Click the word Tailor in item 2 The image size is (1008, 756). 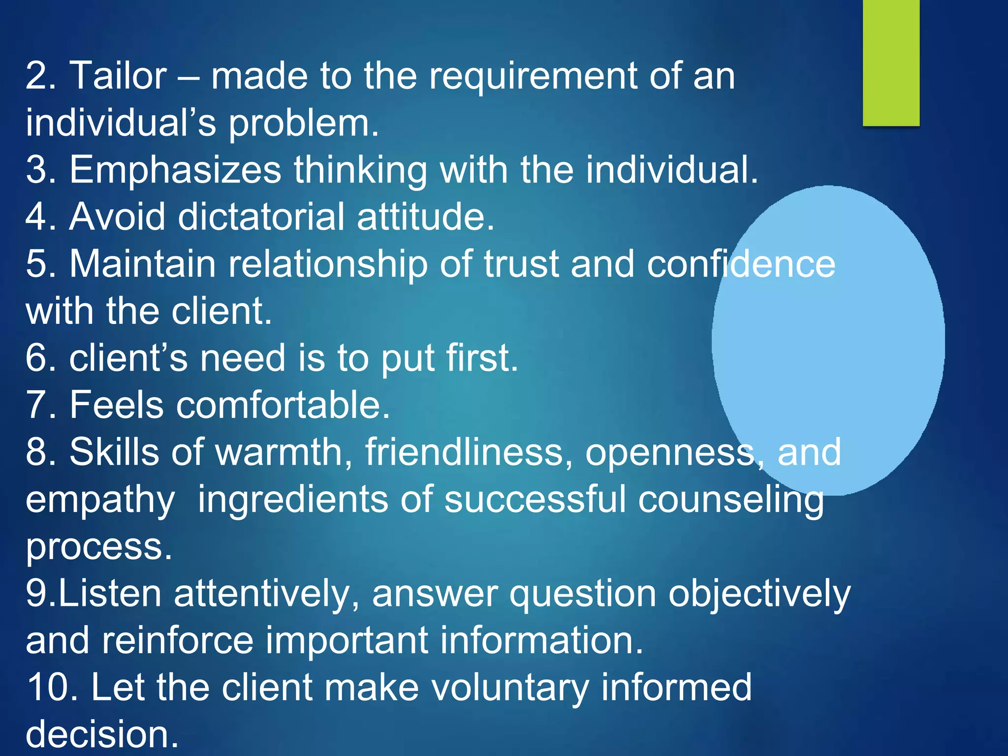pos(118,76)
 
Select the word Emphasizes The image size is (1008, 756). pos(175,170)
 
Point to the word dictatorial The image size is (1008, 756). pos(261,217)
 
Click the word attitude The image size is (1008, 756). pos(425,217)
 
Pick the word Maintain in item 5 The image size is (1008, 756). pos(143,264)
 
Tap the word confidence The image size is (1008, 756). pos(741,264)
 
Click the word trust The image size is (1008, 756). pos(521,264)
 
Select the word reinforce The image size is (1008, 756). pos(178,641)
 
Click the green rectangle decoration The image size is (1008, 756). pos(891,63)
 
